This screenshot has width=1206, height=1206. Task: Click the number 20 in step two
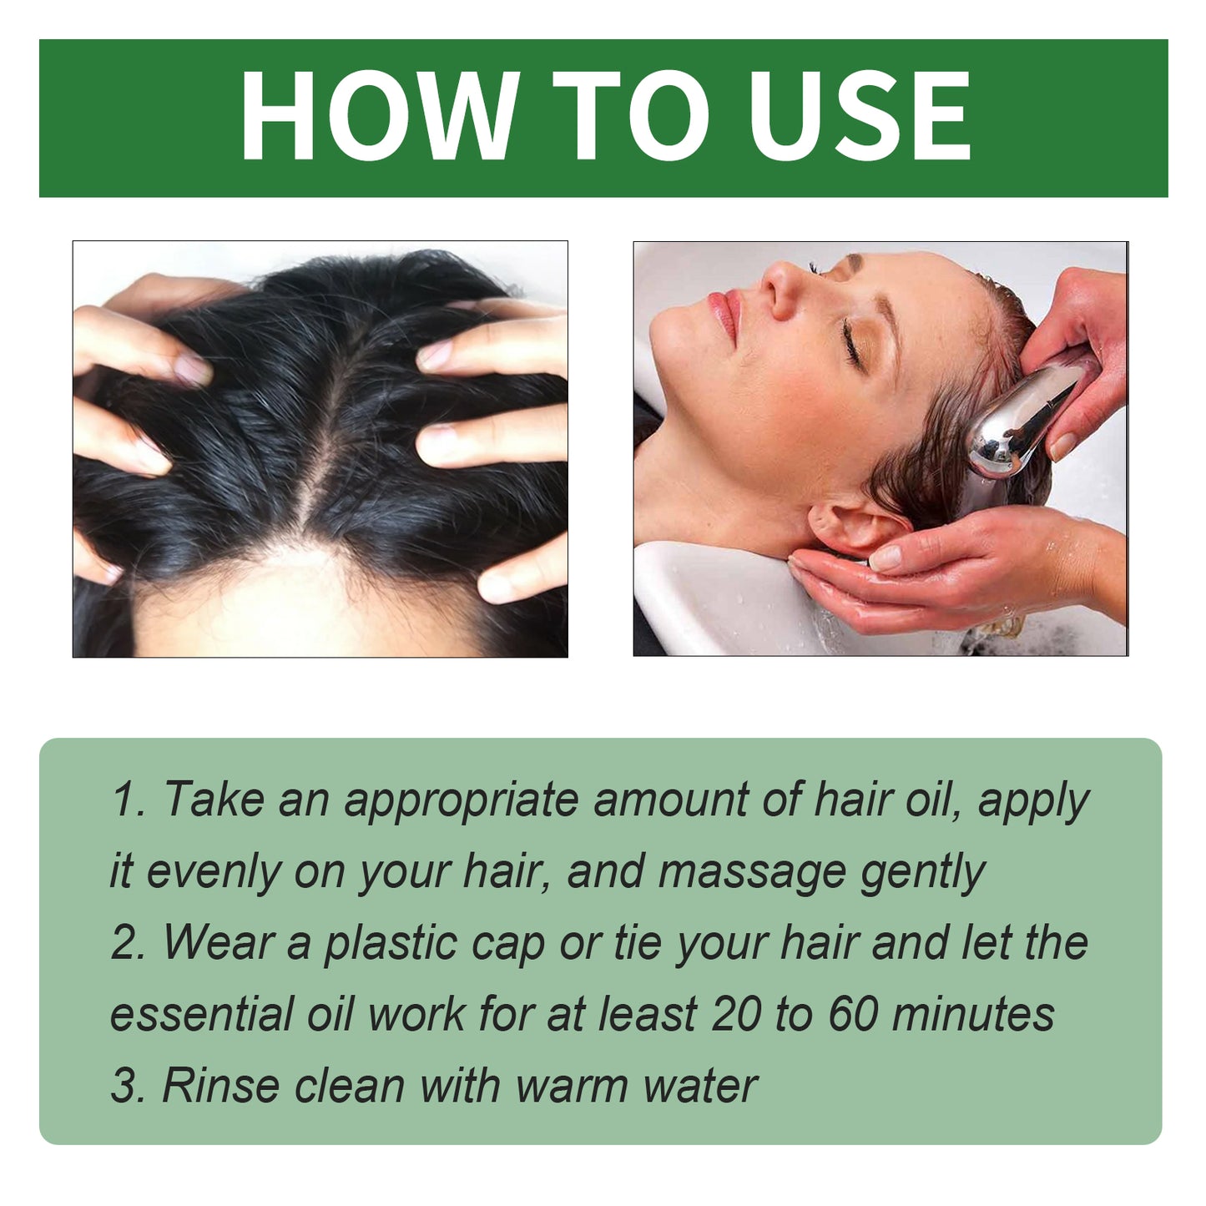[736, 1014]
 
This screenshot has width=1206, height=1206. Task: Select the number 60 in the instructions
[853, 1014]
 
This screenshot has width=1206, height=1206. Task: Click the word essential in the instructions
[202, 1014]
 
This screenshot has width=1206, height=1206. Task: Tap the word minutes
[973, 1014]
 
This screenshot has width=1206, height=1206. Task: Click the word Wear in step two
[219, 942]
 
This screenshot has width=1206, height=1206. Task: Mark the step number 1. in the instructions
[128, 799]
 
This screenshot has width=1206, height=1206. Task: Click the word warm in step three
[573, 1086]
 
